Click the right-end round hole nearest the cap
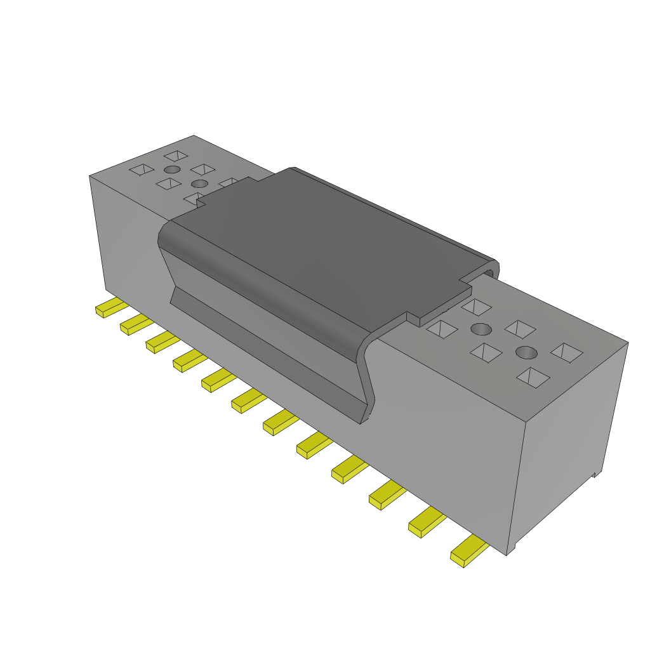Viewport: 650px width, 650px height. [482, 329]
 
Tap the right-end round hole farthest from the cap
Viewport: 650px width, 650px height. [526, 352]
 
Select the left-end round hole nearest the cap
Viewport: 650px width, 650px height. [199, 183]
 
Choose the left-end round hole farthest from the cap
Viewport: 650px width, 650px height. [171, 169]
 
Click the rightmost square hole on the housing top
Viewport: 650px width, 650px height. [567, 352]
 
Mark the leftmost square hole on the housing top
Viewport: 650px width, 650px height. [141, 169]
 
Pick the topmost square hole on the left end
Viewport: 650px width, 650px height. [176, 155]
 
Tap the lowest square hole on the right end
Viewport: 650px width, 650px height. [533, 378]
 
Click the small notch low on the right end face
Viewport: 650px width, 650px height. [595, 474]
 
